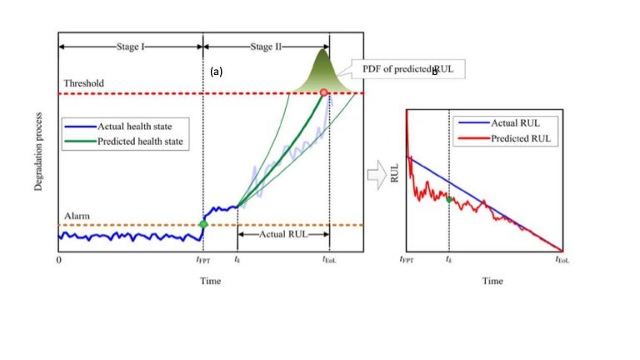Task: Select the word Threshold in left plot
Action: pos(83,84)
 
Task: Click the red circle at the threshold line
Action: pos(323,94)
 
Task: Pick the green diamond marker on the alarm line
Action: pos(203,223)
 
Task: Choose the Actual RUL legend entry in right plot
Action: pos(518,122)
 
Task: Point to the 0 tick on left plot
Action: pos(58,261)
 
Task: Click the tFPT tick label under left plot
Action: pos(202,262)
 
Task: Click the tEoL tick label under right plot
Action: pos(563,262)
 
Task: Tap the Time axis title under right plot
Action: pos(492,281)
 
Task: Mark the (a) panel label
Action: pos(217,72)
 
